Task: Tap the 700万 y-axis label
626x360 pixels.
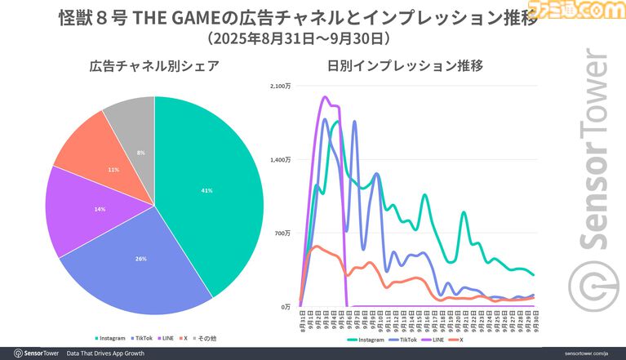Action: (x=282, y=233)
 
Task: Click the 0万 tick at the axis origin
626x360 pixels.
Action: (x=286, y=307)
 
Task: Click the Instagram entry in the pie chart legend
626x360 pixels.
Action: (x=112, y=338)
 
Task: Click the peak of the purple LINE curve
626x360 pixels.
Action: (x=326, y=97)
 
